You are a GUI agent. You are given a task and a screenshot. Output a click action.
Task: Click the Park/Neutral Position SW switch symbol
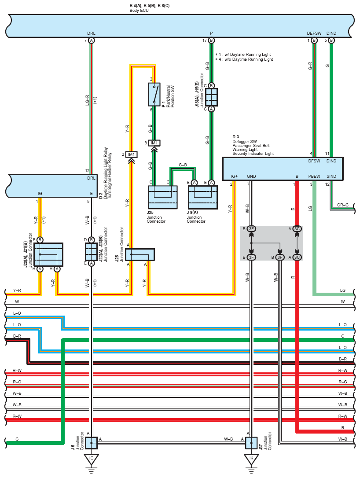pyautogui.click(x=154, y=94)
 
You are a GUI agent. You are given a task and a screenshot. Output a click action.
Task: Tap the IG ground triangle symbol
pyautogui.click(x=91, y=459)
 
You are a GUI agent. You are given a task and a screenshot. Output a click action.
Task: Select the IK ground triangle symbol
pyautogui.click(x=251, y=459)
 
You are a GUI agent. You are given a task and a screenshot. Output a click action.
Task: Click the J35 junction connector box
pyautogui.click(x=162, y=197)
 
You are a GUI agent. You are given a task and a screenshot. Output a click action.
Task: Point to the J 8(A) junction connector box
pyautogui.click(x=203, y=197)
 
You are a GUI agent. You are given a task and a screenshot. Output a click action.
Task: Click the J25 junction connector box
pyautogui.click(x=140, y=254)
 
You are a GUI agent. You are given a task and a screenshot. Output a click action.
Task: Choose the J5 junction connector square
pyautogui.click(x=91, y=443)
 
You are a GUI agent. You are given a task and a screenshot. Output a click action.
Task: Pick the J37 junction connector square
pyautogui.click(x=251, y=443)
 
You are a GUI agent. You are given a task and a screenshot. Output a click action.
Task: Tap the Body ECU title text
pyautogui.click(x=139, y=11)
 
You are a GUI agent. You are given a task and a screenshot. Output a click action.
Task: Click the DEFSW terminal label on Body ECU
pyautogui.click(x=314, y=33)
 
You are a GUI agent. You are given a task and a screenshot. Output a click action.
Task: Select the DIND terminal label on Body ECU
pyautogui.click(x=331, y=33)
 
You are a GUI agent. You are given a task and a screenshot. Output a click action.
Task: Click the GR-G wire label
pyautogui.click(x=343, y=205)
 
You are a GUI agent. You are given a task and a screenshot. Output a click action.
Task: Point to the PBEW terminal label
pyautogui.click(x=314, y=176)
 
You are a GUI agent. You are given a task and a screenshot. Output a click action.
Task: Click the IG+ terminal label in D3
pyautogui.click(x=234, y=176)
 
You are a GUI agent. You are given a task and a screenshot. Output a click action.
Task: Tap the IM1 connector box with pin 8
pyautogui.click(x=154, y=143)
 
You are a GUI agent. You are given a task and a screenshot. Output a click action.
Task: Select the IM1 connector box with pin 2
pyautogui.click(x=132, y=154)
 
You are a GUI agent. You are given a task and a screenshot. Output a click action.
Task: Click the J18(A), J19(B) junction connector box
pyautogui.click(x=211, y=97)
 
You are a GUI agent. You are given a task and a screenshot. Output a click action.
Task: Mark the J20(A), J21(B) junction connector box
pyautogui.click(x=48, y=254)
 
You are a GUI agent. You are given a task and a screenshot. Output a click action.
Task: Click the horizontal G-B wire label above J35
pyautogui.click(x=183, y=165)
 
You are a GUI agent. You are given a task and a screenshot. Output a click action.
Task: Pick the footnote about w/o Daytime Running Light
pyautogui.click(x=244, y=59)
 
